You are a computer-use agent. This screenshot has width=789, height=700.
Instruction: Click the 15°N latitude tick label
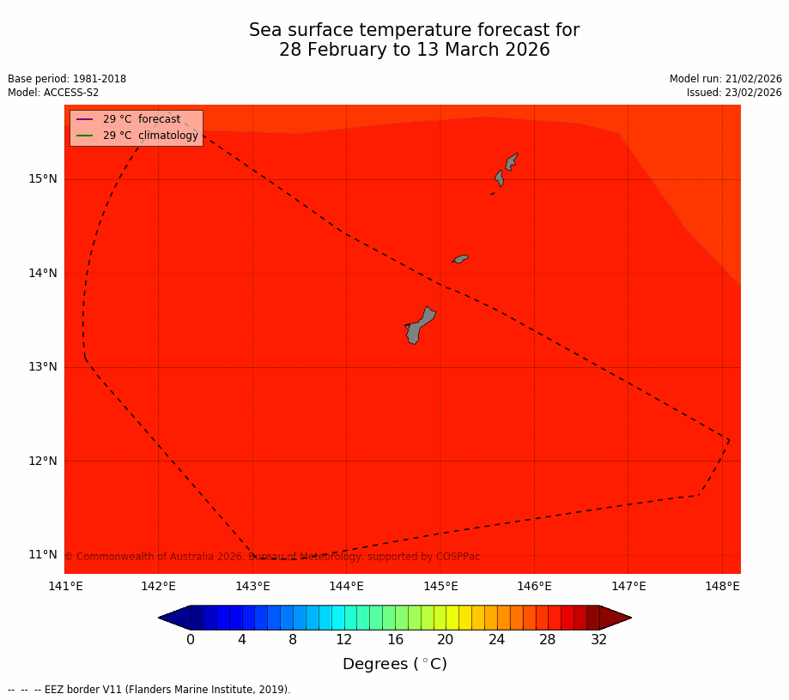(x=43, y=179)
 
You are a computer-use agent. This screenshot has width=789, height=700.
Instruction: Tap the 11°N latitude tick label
(x=43, y=554)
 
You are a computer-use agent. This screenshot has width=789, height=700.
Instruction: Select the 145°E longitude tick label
(x=440, y=587)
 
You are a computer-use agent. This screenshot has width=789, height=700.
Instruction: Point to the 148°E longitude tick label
(x=722, y=587)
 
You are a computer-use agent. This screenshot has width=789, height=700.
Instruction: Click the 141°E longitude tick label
(x=65, y=587)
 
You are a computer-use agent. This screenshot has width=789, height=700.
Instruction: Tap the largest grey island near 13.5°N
(x=419, y=325)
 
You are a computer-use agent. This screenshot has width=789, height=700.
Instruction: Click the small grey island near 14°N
(x=461, y=258)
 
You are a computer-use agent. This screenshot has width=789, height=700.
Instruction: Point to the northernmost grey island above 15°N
(x=512, y=160)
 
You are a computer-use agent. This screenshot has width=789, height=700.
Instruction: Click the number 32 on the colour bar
(x=599, y=640)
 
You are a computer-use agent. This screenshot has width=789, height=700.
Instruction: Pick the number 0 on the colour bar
(x=191, y=640)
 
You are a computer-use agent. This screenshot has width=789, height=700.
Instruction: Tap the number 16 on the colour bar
(x=395, y=640)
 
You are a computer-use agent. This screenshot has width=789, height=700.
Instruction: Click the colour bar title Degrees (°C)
(x=395, y=665)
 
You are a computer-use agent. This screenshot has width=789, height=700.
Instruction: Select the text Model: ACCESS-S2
(x=53, y=93)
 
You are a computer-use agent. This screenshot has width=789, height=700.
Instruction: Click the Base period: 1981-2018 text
(x=67, y=79)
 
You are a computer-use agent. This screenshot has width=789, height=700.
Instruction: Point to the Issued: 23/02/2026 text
(x=734, y=93)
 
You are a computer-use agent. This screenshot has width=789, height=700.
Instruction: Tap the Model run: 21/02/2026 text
(x=725, y=79)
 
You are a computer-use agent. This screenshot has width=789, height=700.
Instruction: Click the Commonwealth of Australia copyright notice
(x=272, y=557)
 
